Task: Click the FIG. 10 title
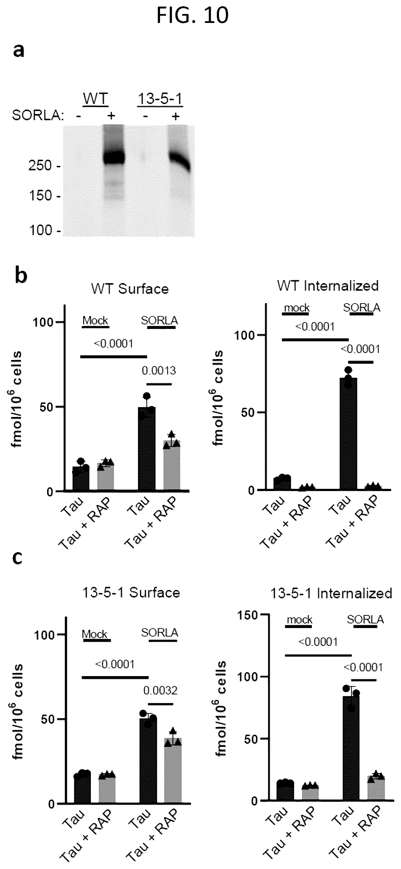192,15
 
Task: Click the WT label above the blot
96,99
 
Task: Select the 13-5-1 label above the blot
160,99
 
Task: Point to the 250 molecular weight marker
40,165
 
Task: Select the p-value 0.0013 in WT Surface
159,371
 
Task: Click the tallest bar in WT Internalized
348,434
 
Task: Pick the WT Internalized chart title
328,286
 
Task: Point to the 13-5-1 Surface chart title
131,593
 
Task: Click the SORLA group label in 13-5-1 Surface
159,632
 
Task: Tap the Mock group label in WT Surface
95,320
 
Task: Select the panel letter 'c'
17,558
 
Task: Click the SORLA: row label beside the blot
38,115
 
